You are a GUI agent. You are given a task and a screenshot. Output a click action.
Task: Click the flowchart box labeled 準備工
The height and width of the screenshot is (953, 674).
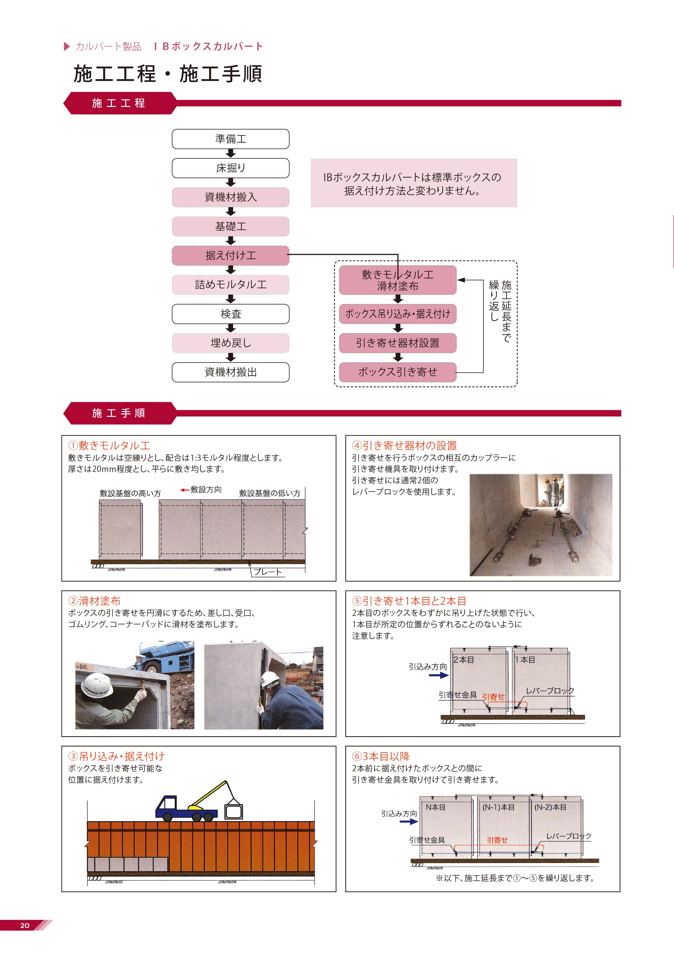click(x=230, y=139)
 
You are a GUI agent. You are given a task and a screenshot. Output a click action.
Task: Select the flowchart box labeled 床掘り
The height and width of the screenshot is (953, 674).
click(x=230, y=168)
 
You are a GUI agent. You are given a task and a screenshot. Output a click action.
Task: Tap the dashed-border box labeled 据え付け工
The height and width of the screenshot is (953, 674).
click(x=230, y=255)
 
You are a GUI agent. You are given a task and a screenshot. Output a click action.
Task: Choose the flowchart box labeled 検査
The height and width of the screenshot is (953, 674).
click(x=230, y=314)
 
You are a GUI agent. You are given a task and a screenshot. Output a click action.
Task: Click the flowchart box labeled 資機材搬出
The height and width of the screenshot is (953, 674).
click(x=230, y=372)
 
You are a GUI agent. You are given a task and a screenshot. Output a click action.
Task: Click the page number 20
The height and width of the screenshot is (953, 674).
click(x=25, y=925)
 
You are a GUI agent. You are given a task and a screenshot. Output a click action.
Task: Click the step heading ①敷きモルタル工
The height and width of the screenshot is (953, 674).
click(x=109, y=445)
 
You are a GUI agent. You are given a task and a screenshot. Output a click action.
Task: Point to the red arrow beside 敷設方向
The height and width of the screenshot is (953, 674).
click(x=185, y=490)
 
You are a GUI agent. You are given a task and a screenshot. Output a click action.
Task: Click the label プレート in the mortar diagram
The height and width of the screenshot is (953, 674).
click(x=268, y=572)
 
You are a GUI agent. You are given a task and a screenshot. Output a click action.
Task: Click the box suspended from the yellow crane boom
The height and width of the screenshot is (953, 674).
click(x=233, y=811)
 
